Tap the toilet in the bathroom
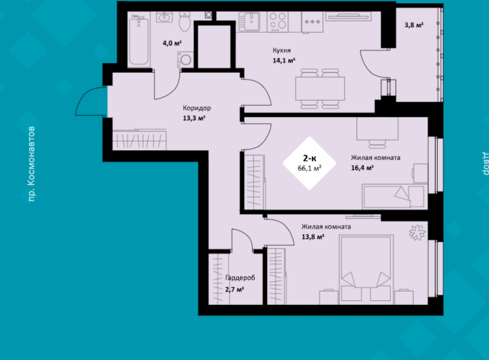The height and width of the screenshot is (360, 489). pyautogui.click(x=184, y=21)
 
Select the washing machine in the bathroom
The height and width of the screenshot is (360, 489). pyautogui.click(x=185, y=59)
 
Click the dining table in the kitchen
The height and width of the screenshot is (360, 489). pyautogui.click(x=320, y=88)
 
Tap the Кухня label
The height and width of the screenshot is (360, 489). pyautogui.click(x=282, y=50)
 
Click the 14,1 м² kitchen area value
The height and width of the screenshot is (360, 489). pyautogui.click(x=284, y=60)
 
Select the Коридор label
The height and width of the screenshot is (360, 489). pyautogui.click(x=197, y=108)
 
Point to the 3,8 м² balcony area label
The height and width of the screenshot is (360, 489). pyautogui.click(x=414, y=25)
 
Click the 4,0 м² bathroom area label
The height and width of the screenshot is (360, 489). pyautogui.click(x=172, y=43)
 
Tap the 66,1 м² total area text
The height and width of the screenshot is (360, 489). pyautogui.click(x=310, y=168)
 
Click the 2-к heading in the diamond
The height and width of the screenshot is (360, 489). pyautogui.click(x=309, y=158)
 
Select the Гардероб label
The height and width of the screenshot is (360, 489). pyautogui.click(x=240, y=277)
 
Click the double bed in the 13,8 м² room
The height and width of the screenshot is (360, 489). pyautogui.click(x=366, y=270)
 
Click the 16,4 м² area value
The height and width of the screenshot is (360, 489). pyautogui.click(x=363, y=168)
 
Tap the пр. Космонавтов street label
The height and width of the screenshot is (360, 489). pyautogui.click(x=31, y=164)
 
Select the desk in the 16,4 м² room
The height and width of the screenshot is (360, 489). pyautogui.click(x=377, y=129)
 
